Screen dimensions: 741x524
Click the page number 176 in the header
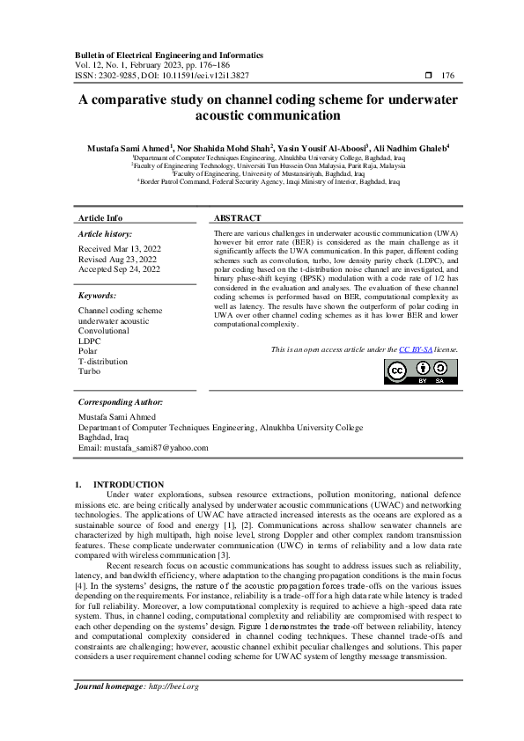447,77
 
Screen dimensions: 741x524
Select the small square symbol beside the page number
428,77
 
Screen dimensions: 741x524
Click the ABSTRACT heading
238,217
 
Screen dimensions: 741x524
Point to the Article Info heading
100,217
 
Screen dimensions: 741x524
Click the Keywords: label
98,297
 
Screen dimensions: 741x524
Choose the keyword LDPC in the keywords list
89,341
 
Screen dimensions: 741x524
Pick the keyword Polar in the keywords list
88,351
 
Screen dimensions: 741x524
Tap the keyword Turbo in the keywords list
89,371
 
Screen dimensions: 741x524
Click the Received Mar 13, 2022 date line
118,250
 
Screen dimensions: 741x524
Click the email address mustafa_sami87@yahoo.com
155,447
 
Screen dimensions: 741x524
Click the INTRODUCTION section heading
128,484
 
